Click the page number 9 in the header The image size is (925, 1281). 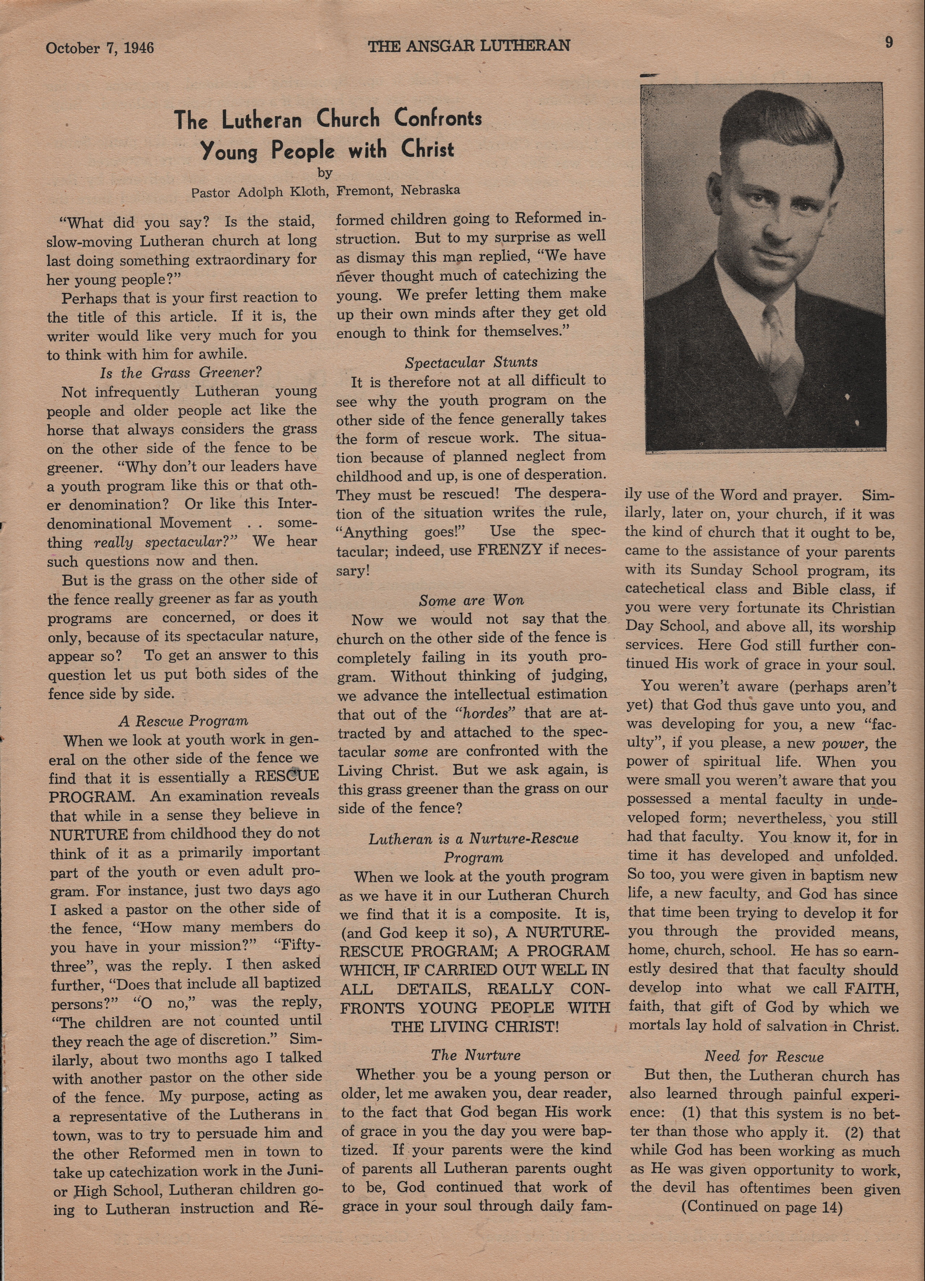pyautogui.click(x=889, y=43)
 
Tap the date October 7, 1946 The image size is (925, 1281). pyautogui.click(x=100, y=47)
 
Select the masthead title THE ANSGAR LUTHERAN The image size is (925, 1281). pyautogui.click(x=469, y=46)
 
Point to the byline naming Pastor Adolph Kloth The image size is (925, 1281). pyautogui.click(x=325, y=191)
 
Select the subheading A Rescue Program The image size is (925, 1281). pyautogui.click(x=183, y=721)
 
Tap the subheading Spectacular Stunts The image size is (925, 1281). pyautogui.click(x=471, y=362)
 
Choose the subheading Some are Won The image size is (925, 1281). pyautogui.click(x=471, y=600)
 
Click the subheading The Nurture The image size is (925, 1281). pyautogui.click(x=475, y=1055)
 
